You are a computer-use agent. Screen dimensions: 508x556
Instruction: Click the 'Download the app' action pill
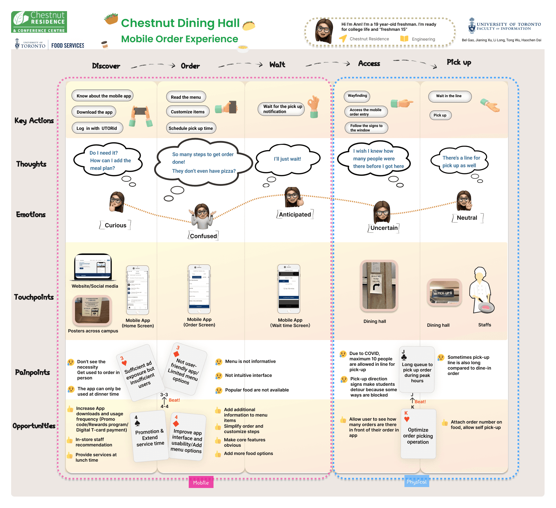coord(94,112)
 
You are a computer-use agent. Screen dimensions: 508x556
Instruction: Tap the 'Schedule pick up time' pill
coord(191,128)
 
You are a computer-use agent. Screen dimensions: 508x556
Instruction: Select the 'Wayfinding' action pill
coord(357,96)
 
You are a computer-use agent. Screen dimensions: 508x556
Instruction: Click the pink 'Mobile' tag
coord(201,483)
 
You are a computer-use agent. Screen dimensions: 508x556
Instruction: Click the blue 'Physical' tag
coord(417,482)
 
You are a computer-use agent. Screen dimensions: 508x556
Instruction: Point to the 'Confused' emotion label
coord(203,236)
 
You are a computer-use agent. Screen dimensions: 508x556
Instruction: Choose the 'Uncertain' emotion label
coord(384,228)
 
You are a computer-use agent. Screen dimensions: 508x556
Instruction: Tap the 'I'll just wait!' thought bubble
coord(288,159)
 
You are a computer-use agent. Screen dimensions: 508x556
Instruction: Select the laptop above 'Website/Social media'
coord(93,267)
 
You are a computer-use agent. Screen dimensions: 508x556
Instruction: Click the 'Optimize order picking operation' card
coord(418,434)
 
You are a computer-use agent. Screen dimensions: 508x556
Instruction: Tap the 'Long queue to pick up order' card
coord(417,370)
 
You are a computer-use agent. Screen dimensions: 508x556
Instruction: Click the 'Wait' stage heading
coord(277,65)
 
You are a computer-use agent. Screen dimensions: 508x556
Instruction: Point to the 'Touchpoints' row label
coord(34,297)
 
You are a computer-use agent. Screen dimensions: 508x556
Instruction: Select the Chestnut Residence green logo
coord(39,22)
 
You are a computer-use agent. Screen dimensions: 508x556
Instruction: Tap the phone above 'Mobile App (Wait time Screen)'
coord(289,289)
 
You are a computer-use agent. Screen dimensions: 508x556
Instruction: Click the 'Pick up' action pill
coord(440,115)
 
